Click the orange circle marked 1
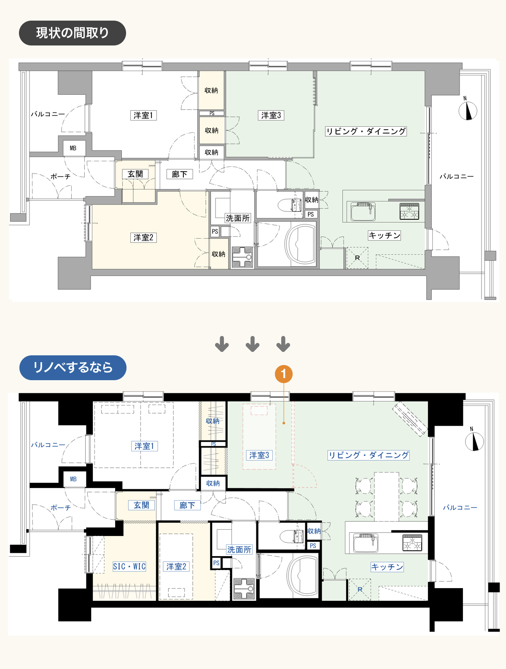283,374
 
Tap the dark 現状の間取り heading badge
73,33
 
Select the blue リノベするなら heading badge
73,368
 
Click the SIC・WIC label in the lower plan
129,566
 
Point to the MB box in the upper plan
73,148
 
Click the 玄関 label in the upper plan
135,174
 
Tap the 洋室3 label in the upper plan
271,115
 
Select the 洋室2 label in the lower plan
176,566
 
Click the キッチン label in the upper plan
384,235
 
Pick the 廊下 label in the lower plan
187,505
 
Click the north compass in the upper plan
468,110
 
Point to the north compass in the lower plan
474,441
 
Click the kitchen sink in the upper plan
363,211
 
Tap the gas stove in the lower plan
412,542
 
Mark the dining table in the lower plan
386,496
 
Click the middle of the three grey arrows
253,344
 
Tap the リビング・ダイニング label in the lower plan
369,455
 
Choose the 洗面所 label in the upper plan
237,218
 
